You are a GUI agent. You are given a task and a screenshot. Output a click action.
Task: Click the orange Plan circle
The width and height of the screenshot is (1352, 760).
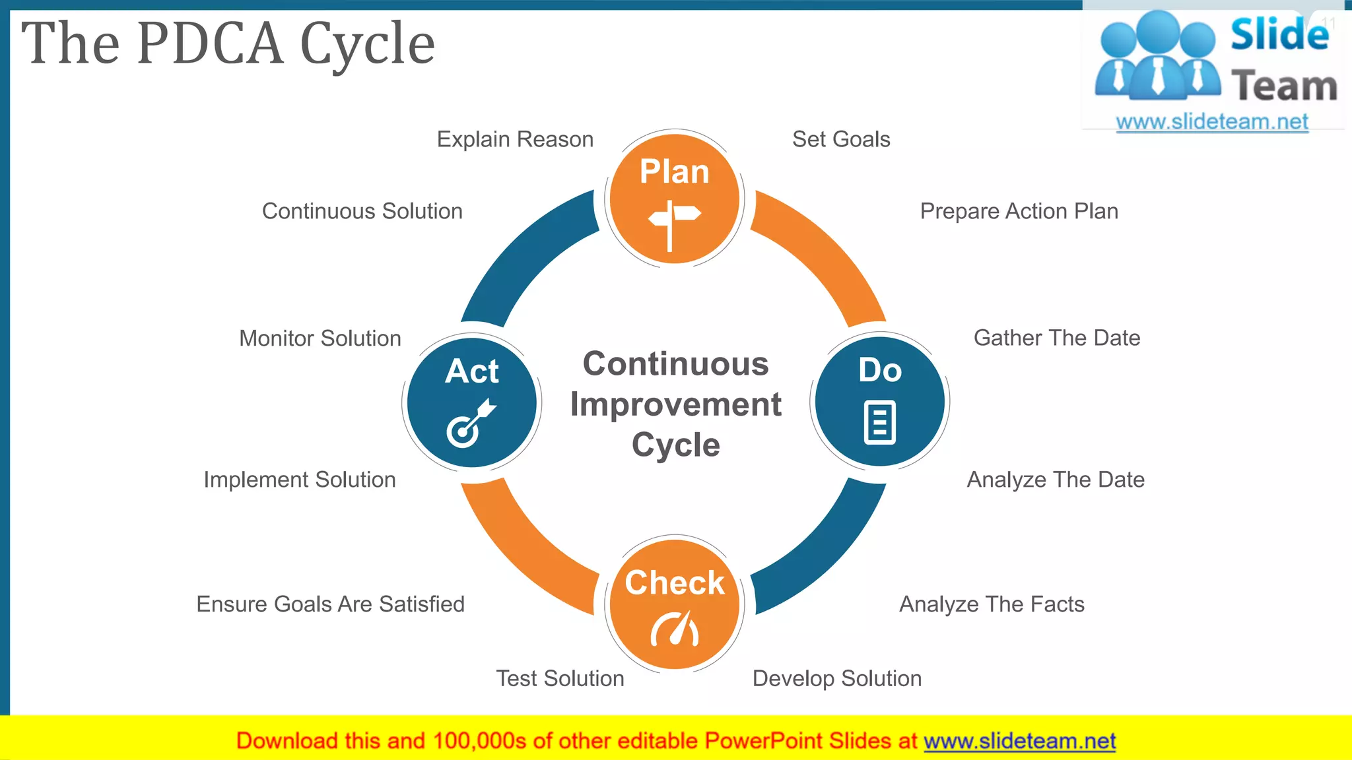(x=675, y=198)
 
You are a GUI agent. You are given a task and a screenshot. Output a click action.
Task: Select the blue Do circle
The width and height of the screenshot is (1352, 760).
(x=880, y=401)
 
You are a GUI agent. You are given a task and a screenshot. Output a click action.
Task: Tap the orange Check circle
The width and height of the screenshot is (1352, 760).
(x=675, y=604)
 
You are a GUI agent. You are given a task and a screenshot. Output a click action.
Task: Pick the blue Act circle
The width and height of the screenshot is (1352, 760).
(x=471, y=402)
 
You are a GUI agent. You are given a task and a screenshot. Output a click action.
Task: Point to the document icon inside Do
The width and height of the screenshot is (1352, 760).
(x=880, y=422)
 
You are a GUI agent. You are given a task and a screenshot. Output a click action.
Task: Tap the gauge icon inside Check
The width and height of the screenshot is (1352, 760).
(x=675, y=629)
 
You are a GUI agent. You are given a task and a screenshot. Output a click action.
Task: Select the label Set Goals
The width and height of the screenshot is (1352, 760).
(x=841, y=139)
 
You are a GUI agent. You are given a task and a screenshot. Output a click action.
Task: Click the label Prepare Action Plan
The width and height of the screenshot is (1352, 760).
(x=1019, y=211)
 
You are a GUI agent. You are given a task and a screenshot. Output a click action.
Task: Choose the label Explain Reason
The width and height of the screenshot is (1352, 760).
(x=515, y=139)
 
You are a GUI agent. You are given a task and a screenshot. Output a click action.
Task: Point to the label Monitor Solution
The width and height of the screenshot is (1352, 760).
(x=320, y=338)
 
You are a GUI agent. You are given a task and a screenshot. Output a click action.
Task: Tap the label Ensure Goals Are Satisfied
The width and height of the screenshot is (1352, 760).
(x=330, y=604)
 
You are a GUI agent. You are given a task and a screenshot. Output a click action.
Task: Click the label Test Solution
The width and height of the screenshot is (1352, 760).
(x=560, y=678)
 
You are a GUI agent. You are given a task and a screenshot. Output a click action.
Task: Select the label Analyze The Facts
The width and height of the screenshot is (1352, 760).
(x=992, y=604)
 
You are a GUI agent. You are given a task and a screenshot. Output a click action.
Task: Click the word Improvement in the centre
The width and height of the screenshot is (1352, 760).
(x=675, y=404)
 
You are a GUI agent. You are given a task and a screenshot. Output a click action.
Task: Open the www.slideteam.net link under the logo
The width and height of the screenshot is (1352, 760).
(x=1211, y=122)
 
